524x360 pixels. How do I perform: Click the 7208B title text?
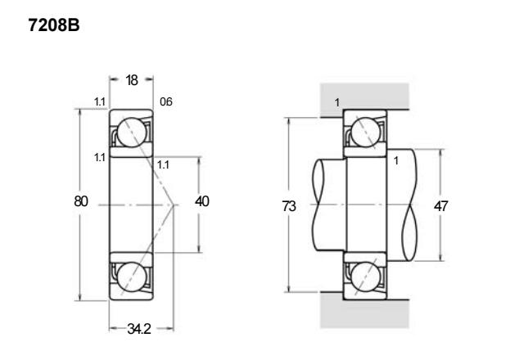pyautogui.click(x=54, y=25)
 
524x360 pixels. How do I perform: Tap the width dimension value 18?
pyautogui.click(x=132, y=80)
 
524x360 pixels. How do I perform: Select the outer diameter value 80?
pyautogui.click(x=81, y=201)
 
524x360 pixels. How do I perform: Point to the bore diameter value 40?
pyautogui.click(x=202, y=201)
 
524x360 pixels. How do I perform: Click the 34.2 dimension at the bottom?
pyautogui.click(x=139, y=329)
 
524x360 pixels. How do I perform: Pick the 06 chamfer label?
pyautogui.click(x=166, y=101)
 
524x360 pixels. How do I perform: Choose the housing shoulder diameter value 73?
pyautogui.click(x=289, y=206)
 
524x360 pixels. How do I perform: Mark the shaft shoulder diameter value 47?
pyautogui.click(x=440, y=206)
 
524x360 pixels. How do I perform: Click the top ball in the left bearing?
pyautogui.click(x=132, y=133)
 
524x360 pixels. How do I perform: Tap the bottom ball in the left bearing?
pyautogui.click(x=132, y=277)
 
